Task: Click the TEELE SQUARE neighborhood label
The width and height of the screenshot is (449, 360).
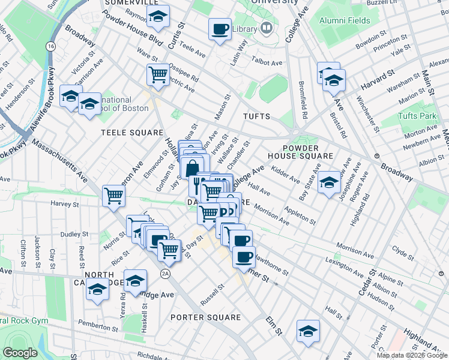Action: (132, 132)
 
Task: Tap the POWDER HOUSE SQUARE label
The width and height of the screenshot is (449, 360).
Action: (307, 151)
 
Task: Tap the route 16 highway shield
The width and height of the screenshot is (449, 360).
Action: (50, 46)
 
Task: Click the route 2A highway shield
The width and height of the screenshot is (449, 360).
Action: (165, 274)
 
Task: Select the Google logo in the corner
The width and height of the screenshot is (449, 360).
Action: (20, 353)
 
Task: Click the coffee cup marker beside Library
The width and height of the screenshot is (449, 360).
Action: (220, 28)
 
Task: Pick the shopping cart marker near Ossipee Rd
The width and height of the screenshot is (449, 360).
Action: (158, 75)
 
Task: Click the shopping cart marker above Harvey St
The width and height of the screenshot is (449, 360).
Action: (113, 196)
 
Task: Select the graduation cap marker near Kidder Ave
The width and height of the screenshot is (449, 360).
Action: (329, 182)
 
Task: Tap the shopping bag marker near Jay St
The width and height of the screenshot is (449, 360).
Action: (191, 167)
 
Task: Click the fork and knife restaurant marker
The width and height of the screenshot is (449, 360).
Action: (197, 186)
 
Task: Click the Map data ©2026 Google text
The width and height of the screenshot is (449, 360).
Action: (411, 355)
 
